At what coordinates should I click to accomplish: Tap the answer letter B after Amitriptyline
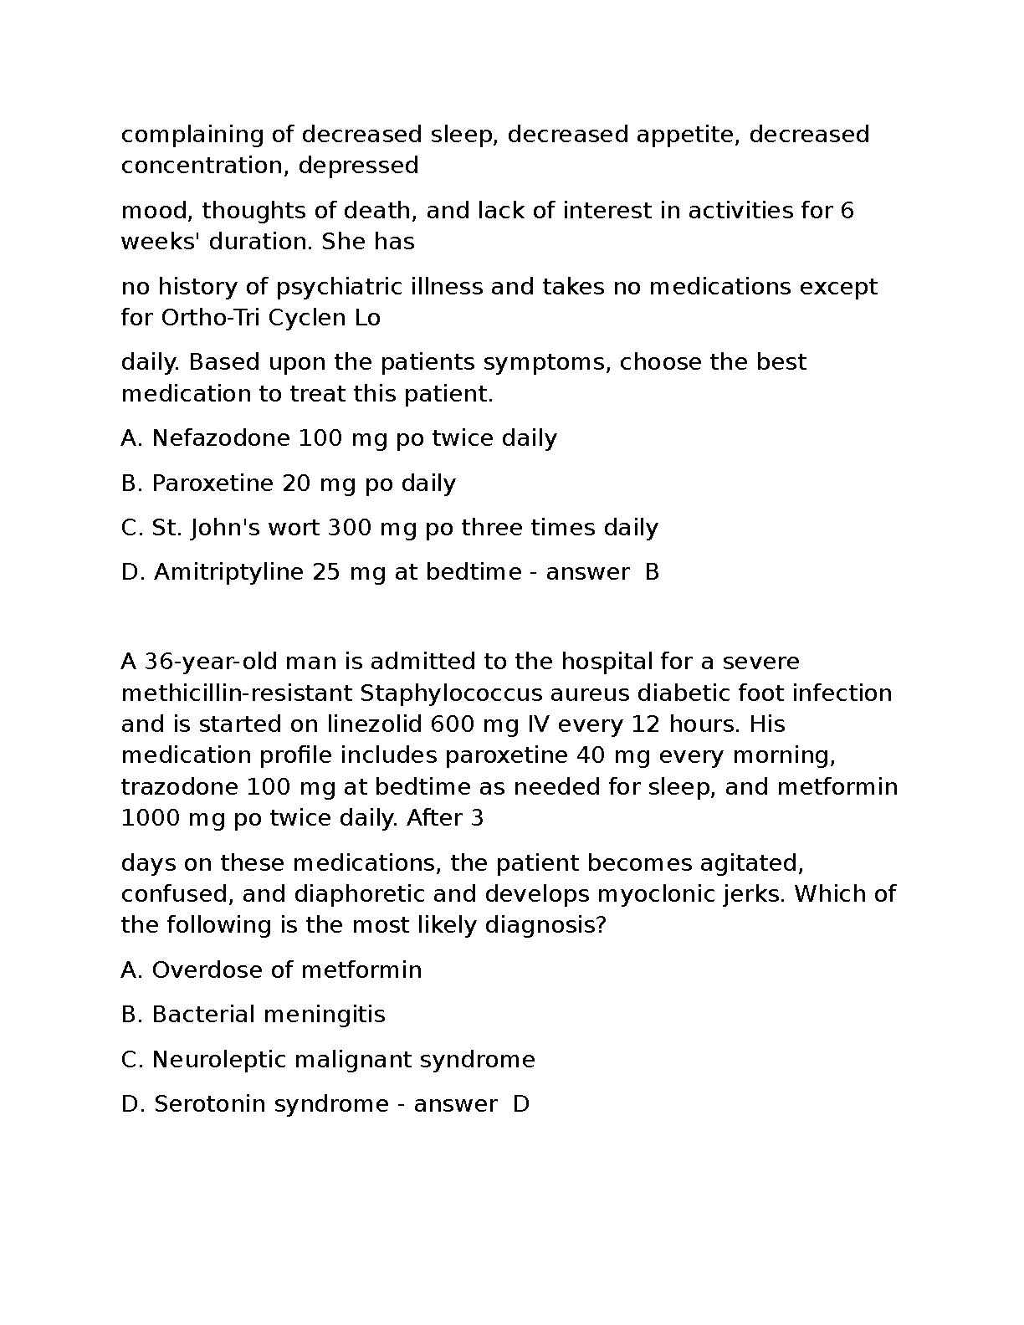click(653, 572)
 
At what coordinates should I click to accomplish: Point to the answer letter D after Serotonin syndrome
click(521, 1104)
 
